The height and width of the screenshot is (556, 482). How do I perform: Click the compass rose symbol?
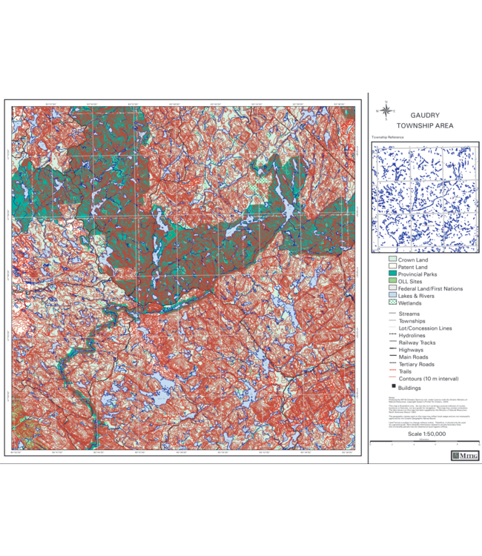(386, 112)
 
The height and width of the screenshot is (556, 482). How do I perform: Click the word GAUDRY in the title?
(425, 116)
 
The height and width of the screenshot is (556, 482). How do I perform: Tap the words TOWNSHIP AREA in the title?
(425, 126)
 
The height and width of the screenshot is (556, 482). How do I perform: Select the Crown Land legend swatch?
(392, 260)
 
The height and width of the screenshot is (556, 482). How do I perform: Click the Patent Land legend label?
(414, 268)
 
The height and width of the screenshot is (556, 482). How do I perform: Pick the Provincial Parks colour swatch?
(392, 274)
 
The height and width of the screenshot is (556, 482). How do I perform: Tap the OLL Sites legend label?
(410, 282)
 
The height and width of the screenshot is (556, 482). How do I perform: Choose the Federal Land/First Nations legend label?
(430, 288)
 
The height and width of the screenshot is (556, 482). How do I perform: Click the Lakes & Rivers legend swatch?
(392, 296)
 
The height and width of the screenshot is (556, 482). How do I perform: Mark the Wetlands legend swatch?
(392, 303)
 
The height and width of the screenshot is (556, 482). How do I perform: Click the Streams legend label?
(409, 314)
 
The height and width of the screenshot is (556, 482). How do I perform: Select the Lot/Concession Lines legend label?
(425, 328)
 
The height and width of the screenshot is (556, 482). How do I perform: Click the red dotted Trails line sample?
(392, 371)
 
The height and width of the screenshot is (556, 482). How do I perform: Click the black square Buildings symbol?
(392, 388)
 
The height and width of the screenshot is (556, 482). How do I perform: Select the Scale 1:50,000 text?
(425, 434)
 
